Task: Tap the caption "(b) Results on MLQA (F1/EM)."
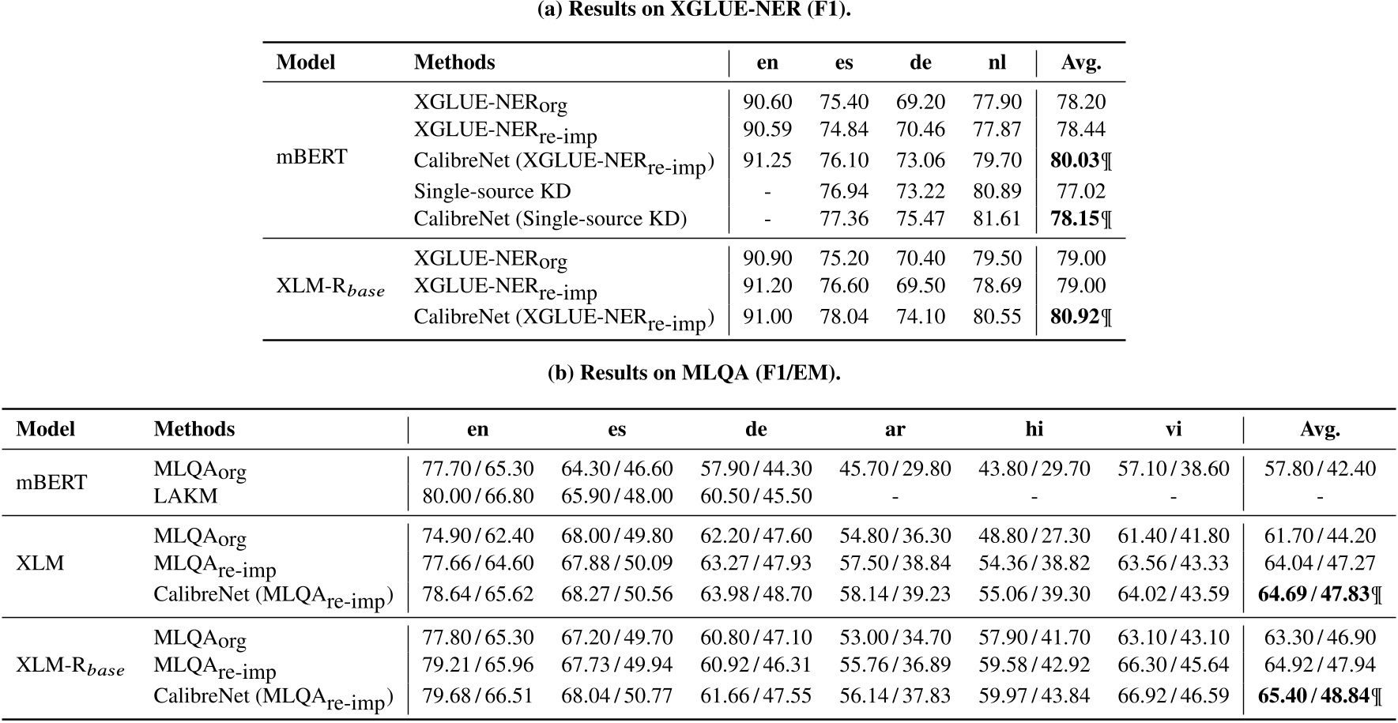[693, 373]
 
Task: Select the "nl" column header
[997, 62]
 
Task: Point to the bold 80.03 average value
[1075, 160]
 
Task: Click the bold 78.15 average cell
[1075, 219]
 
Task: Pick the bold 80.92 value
[1075, 317]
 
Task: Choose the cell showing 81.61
[997, 219]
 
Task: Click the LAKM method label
[186, 496]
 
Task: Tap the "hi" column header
[1034, 429]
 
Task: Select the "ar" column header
[895, 429]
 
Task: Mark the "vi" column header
[1174, 429]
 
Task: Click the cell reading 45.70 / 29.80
[895, 469]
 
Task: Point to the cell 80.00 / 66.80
[478, 496]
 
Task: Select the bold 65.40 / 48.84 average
[1313, 696]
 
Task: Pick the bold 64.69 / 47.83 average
[1313, 593]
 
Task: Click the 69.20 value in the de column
[921, 102]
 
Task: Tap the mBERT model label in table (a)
[311, 156]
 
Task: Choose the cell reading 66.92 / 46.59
[1174, 696]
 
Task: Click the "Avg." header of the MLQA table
[1320, 429]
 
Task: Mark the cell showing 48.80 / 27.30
[1034, 536]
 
